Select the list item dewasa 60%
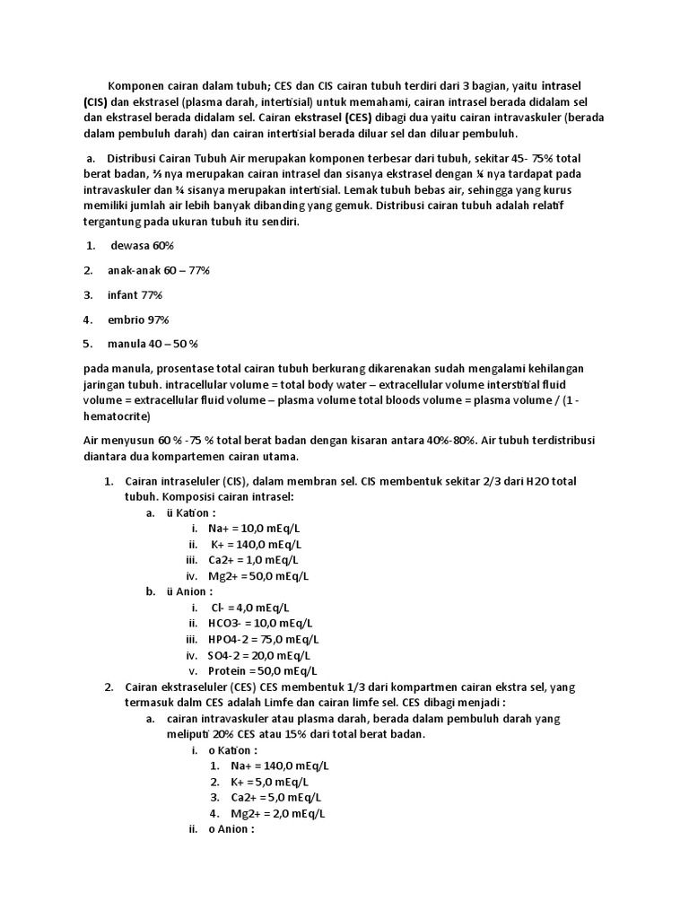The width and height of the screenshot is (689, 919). click(x=142, y=246)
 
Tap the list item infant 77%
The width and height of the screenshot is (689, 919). click(x=135, y=294)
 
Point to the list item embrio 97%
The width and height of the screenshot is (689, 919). click(x=138, y=319)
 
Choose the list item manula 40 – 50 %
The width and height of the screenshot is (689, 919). click(x=153, y=344)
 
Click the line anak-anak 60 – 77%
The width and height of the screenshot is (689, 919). click(x=159, y=270)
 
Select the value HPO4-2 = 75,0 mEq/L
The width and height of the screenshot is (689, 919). click(x=263, y=639)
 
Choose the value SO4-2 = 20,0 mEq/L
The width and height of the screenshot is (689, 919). click(x=259, y=655)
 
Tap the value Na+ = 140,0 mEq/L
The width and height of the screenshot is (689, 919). click(x=279, y=766)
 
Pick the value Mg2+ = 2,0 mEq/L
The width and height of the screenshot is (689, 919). click(x=277, y=814)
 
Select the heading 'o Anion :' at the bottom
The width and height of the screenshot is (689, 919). click(x=231, y=829)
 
